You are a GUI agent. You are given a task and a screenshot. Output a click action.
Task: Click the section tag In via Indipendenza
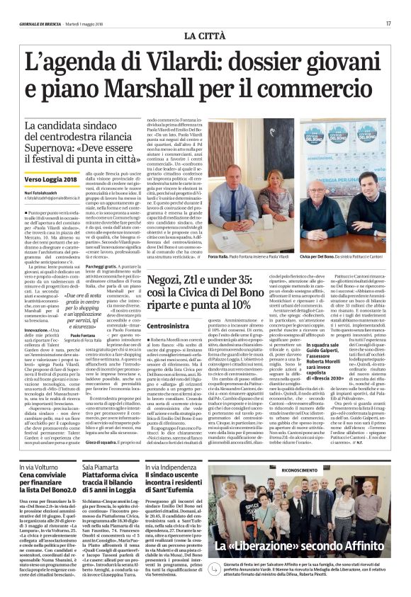[192, 468]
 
